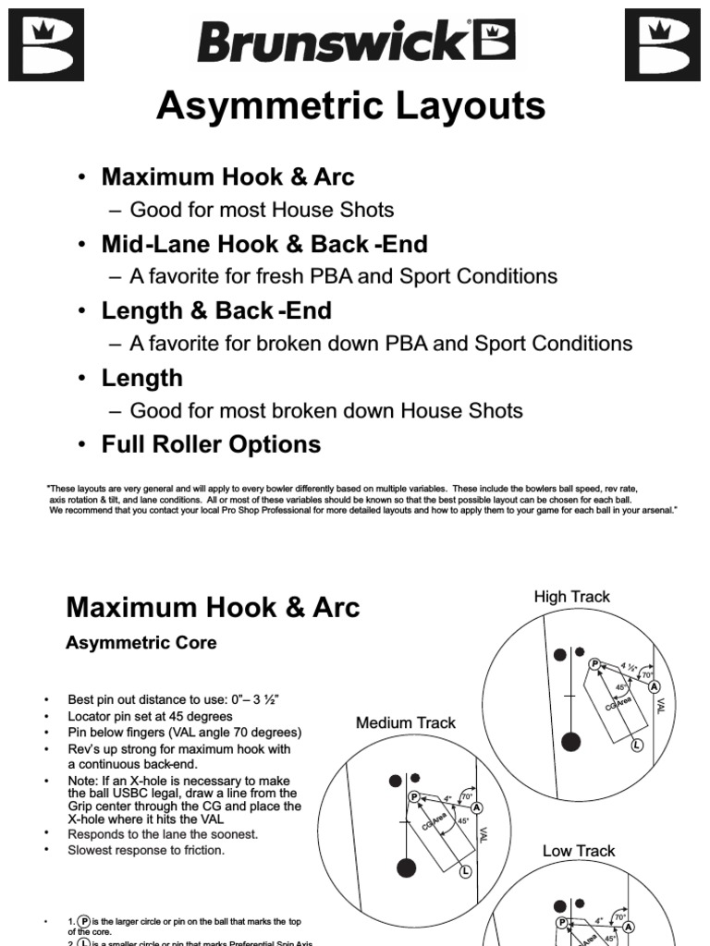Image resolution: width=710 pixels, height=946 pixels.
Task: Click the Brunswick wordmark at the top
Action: [354, 42]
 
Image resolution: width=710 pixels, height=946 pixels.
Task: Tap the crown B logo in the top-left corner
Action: [45, 45]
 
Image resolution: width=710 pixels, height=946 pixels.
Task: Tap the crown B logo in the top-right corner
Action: [662, 45]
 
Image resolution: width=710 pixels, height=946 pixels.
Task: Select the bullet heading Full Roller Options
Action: [211, 444]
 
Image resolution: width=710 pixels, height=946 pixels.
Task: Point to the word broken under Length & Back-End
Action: [312, 344]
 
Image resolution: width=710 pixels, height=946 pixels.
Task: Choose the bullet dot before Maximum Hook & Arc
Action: [82, 177]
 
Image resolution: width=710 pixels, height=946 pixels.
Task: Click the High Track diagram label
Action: [571, 597]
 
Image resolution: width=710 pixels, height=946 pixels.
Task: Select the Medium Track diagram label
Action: [406, 722]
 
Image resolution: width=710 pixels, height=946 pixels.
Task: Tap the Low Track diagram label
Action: [579, 850]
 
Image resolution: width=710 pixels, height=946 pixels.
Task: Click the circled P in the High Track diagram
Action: [594, 662]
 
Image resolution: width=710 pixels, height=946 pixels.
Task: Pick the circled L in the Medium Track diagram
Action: [465, 871]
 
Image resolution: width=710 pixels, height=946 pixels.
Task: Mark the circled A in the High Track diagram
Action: [655, 686]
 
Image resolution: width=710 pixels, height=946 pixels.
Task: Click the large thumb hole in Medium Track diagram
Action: [405, 867]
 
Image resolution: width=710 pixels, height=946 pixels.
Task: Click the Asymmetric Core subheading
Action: [141, 643]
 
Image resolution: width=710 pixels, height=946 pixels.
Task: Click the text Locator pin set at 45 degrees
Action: [150, 716]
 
